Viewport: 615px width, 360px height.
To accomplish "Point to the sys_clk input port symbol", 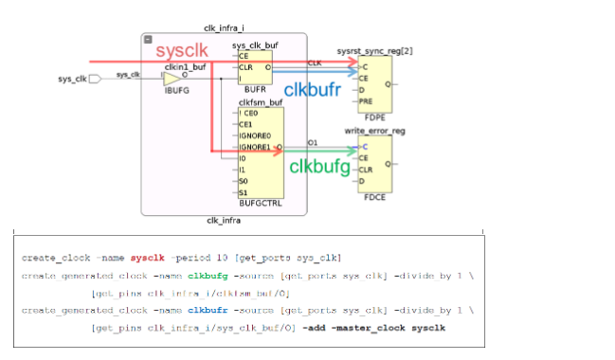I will pyautogui.click(x=95, y=80).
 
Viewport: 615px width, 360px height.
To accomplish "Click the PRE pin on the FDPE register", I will pyautogui.click(x=366, y=99).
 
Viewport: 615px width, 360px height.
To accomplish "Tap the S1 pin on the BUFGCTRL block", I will pyautogui.click(x=244, y=192).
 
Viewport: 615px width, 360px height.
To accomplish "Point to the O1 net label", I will pyautogui.click(x=314, y=143).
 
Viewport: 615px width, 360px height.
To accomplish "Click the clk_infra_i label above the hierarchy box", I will pyautogui.click(x=223, y=29).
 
